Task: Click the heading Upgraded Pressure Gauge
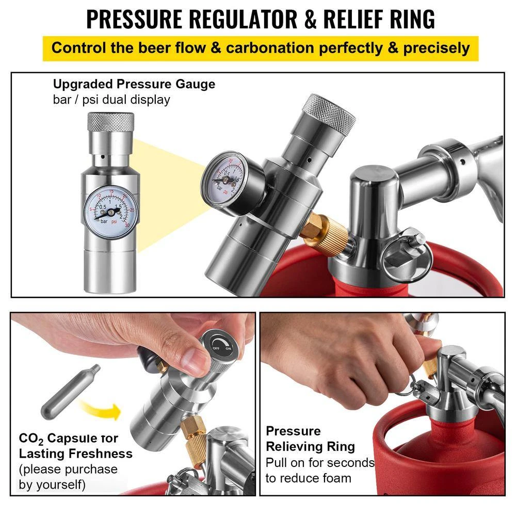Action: click(134, 84)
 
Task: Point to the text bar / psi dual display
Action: click(111, 100)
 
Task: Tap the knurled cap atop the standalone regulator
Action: click(110, 123)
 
